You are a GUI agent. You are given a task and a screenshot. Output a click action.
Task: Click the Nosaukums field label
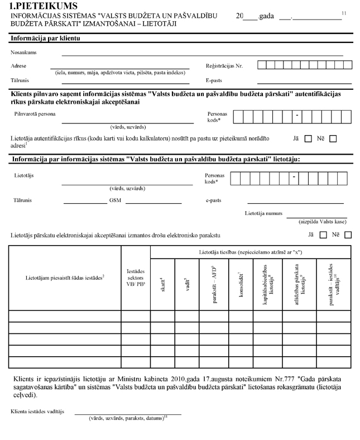tap(23, 52)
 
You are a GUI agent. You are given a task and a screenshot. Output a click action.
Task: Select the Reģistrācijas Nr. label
tap(224, 66)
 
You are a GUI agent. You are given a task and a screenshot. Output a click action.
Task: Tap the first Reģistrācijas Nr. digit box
tap(262, 66)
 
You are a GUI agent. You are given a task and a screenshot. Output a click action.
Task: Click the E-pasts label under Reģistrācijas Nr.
tap(214, 80)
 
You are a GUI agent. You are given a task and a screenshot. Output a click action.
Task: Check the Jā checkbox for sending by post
tap(308, 139)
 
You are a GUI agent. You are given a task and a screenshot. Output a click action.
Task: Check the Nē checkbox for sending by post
tap(333, 139)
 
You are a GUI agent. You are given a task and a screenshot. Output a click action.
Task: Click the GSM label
tap(116, 200)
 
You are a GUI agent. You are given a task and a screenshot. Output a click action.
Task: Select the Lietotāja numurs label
tap(263, 213)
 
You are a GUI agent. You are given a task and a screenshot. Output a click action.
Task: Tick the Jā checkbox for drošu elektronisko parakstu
tap(323, 235)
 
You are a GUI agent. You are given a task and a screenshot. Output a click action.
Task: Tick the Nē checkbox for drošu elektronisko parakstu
tap(348, 235)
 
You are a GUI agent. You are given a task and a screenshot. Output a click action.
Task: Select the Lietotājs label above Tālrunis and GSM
tap(24, 176)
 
